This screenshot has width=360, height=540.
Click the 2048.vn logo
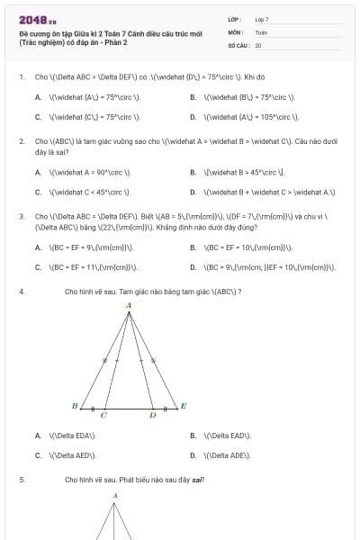click(x=37, y=19)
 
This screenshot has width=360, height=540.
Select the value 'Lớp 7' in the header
click(x=262, y=19)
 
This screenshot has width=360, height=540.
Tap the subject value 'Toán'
click(x=261, y=31)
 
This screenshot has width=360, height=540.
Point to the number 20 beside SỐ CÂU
click(x=258, y=44)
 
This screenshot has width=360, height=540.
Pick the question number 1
click(x=21, y=76)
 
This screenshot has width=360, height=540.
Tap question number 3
click(x=21, y=217)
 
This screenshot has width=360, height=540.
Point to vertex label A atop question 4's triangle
click(x=129, y=306)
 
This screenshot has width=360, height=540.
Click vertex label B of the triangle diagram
click(x=75, y=406)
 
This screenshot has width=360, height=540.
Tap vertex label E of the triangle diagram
click(x=183, y=406)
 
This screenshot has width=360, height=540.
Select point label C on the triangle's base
click(x=103, y=416)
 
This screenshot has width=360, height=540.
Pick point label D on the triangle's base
click(x=152, y=416)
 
